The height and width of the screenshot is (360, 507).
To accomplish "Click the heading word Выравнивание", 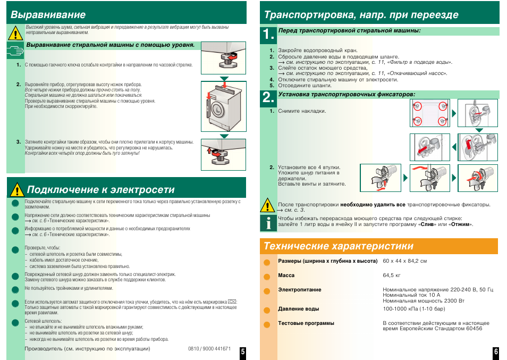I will tap(48, 14).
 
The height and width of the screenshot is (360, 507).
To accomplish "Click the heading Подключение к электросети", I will tap(100, 190).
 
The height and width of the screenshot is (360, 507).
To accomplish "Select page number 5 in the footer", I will tap(242, 351).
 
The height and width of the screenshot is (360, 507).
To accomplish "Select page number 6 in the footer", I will tap(495, 351).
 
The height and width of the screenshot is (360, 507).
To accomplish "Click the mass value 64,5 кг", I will tap(392, 275).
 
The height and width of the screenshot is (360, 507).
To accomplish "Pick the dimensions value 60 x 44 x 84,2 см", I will tap(405, 261).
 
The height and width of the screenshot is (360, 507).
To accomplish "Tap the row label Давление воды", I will tap(299, 309).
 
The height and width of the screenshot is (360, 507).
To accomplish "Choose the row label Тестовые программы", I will tap(306, 323).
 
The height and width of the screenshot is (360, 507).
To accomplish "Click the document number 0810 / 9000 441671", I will tap(209, 349).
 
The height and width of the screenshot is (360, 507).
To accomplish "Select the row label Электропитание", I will tap(300, 290).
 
